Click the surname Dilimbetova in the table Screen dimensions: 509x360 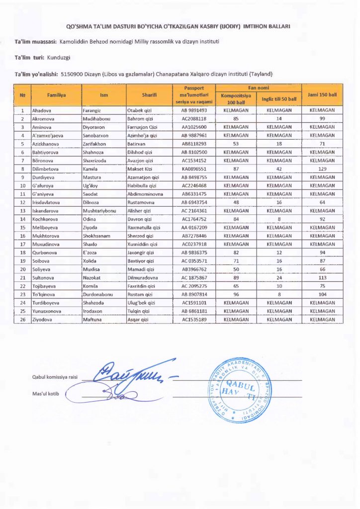46,169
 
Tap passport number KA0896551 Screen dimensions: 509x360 195,169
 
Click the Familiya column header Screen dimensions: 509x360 56,94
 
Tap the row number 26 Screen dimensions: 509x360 22,320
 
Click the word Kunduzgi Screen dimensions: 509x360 59,58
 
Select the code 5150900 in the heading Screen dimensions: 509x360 70,74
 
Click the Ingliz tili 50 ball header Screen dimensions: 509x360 279,98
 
